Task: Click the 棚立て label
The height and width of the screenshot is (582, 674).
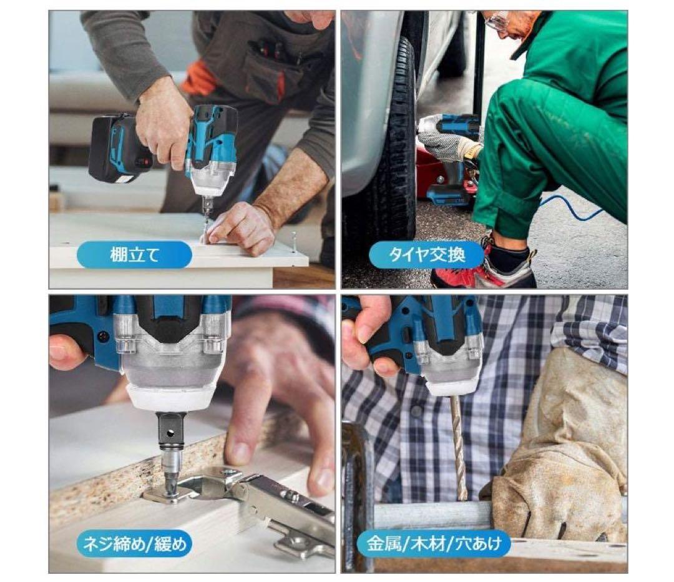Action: [x=134, y=255]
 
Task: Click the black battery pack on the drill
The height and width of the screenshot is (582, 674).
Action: [x=115, y=149]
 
